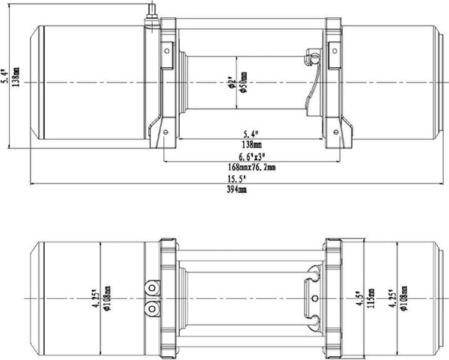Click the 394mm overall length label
[x=236, y=190]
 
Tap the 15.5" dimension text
[x=236, y=180]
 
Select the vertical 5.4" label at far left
[x=5, y=75]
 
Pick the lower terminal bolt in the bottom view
[x=153, y=308]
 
